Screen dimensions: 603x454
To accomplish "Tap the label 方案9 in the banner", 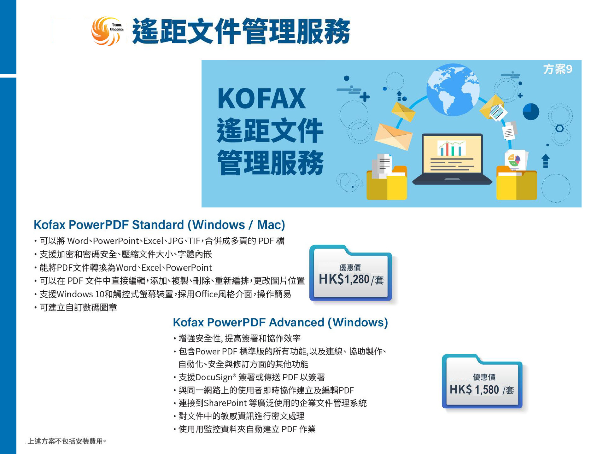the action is [558, 69].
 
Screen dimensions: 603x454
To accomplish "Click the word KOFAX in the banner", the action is [261, 98].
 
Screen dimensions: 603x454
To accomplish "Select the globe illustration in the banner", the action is [453, 90].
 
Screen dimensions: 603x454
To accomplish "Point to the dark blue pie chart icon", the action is [531, 112].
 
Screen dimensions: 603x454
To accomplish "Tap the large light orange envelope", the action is [394, 137].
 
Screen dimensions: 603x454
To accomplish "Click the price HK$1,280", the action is [344, 279].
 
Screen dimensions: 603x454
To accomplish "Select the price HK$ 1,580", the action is [474, 390].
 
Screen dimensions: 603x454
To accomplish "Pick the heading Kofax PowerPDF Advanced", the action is [249, 322].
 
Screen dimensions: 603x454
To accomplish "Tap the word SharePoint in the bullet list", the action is [225, 403].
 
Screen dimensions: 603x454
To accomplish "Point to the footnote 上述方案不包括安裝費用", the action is [67, 441].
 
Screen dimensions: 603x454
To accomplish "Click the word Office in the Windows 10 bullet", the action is [207, 294].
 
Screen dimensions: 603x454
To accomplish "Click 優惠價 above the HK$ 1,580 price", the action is [484, 377].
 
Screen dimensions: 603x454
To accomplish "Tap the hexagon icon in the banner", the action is [559, 128].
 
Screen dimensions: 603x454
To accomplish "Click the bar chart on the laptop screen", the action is [451, 148].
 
